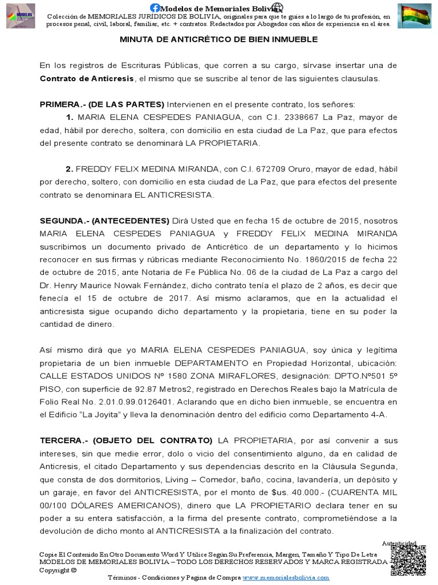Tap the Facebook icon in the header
point(155,7)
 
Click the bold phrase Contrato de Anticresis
point(87,78)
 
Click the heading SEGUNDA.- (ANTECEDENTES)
point(104,221)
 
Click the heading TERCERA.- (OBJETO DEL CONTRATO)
point(125,440)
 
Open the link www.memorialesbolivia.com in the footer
point(286,578)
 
